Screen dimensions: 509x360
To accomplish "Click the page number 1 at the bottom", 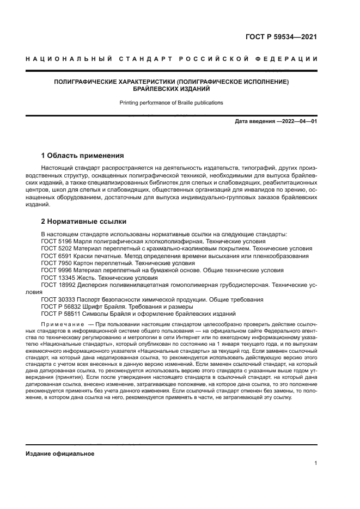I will (x=315, y=464).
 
